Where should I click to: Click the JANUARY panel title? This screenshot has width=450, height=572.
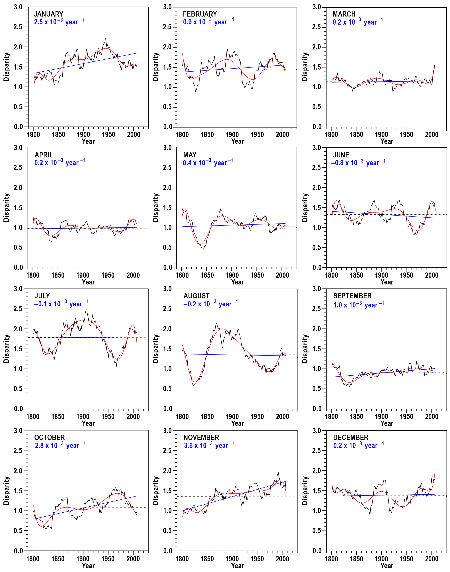[x=49, y=14]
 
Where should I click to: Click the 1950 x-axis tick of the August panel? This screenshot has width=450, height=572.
[x=257, y=416]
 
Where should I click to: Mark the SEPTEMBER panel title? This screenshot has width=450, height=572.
[x=352, y=296]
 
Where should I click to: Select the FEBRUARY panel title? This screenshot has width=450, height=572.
[x=200, y=14]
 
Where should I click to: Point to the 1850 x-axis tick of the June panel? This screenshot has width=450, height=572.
[x=356, y=275]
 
